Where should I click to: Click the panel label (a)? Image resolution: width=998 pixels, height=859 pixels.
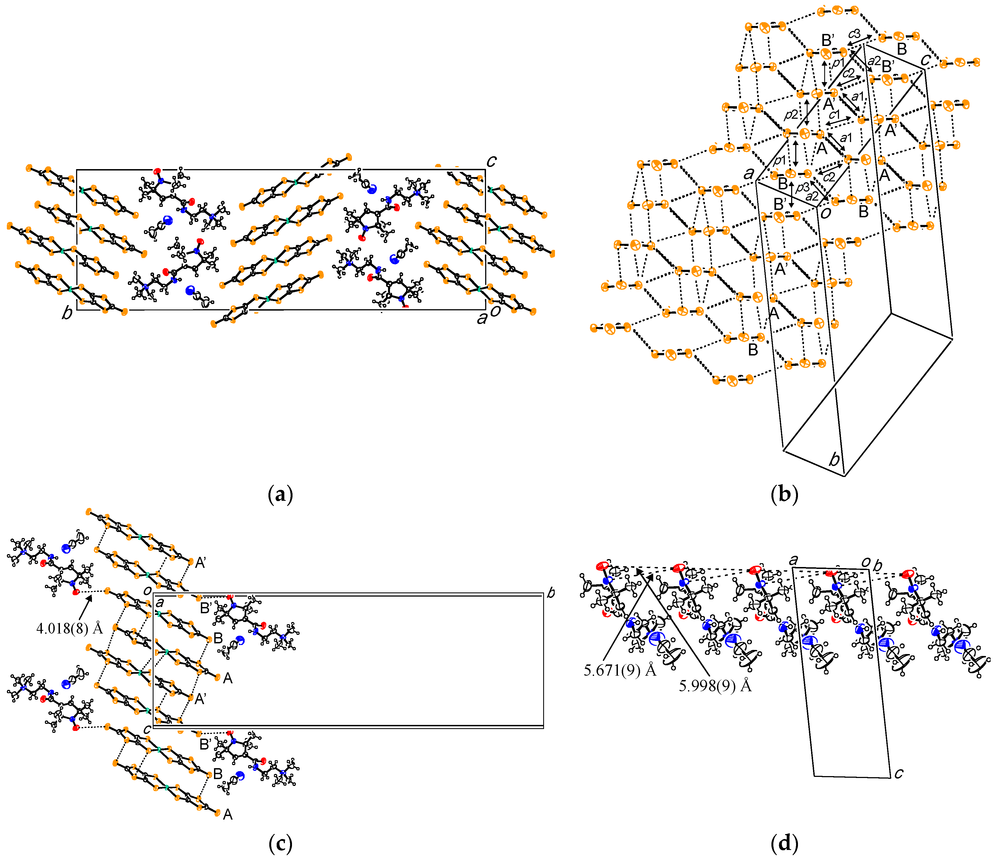pos(280,495)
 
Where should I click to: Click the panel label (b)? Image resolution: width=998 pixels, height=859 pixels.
pos(784,495)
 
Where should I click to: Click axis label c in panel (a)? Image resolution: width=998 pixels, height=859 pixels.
pos(491,161)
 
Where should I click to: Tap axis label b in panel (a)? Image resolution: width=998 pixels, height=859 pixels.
pos(67,313)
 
